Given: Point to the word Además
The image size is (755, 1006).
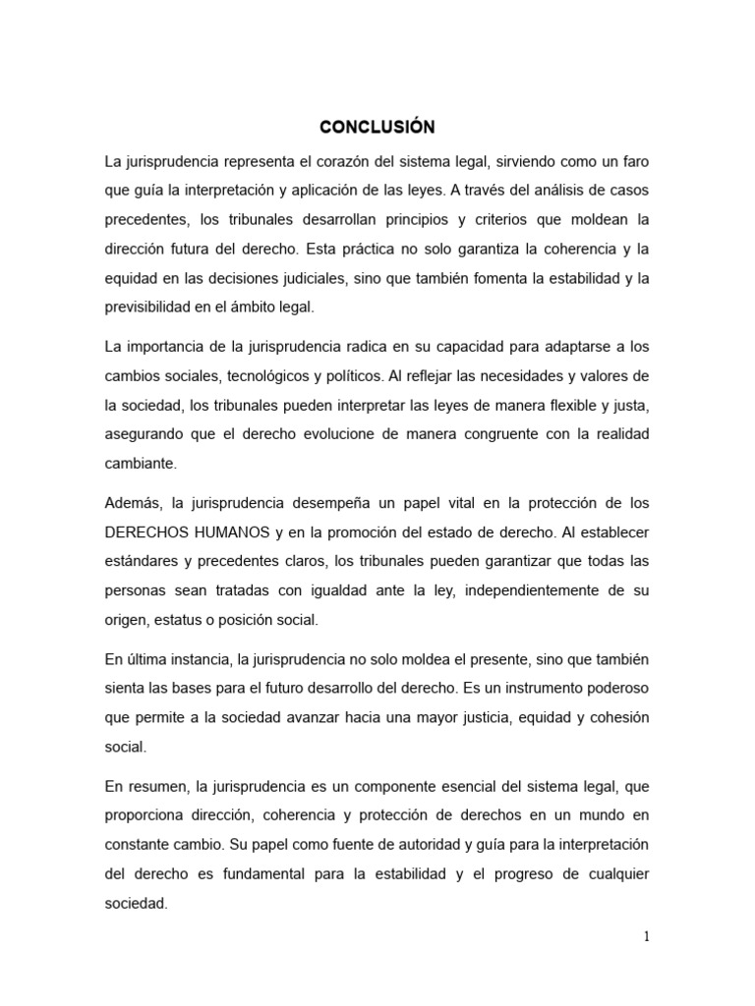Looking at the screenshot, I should [x=132, y=504].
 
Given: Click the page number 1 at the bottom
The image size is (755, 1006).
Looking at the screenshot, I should [x=647, y=937].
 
